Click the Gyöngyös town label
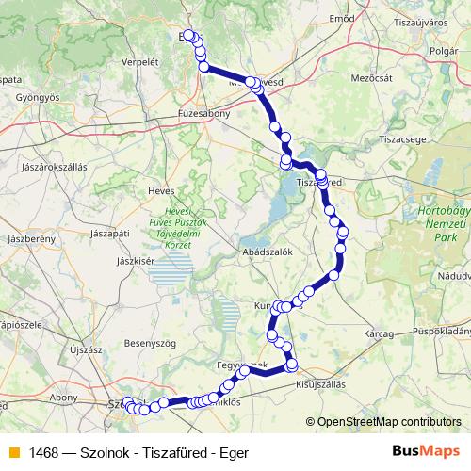39,97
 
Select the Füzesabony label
178,112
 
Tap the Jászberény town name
28,239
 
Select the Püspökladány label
443,332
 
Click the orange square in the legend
12,452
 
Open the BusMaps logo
428,451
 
